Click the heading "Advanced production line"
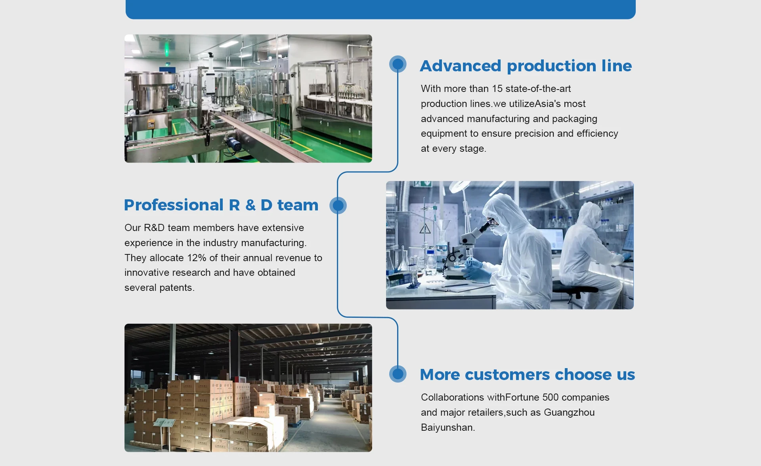(526, 66)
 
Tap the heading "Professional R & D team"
(221, 205)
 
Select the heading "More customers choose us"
(527, 374)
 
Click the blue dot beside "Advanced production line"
(398, 64)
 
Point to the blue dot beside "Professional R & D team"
(338, 205)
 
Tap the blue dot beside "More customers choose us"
(398, 374)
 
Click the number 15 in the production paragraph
(497, 89)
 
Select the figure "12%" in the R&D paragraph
(197, 258)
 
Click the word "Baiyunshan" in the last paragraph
(447, 428)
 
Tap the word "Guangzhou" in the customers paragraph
(569, 413)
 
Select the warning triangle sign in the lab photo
(425, 229)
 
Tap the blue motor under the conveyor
(233, 143)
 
